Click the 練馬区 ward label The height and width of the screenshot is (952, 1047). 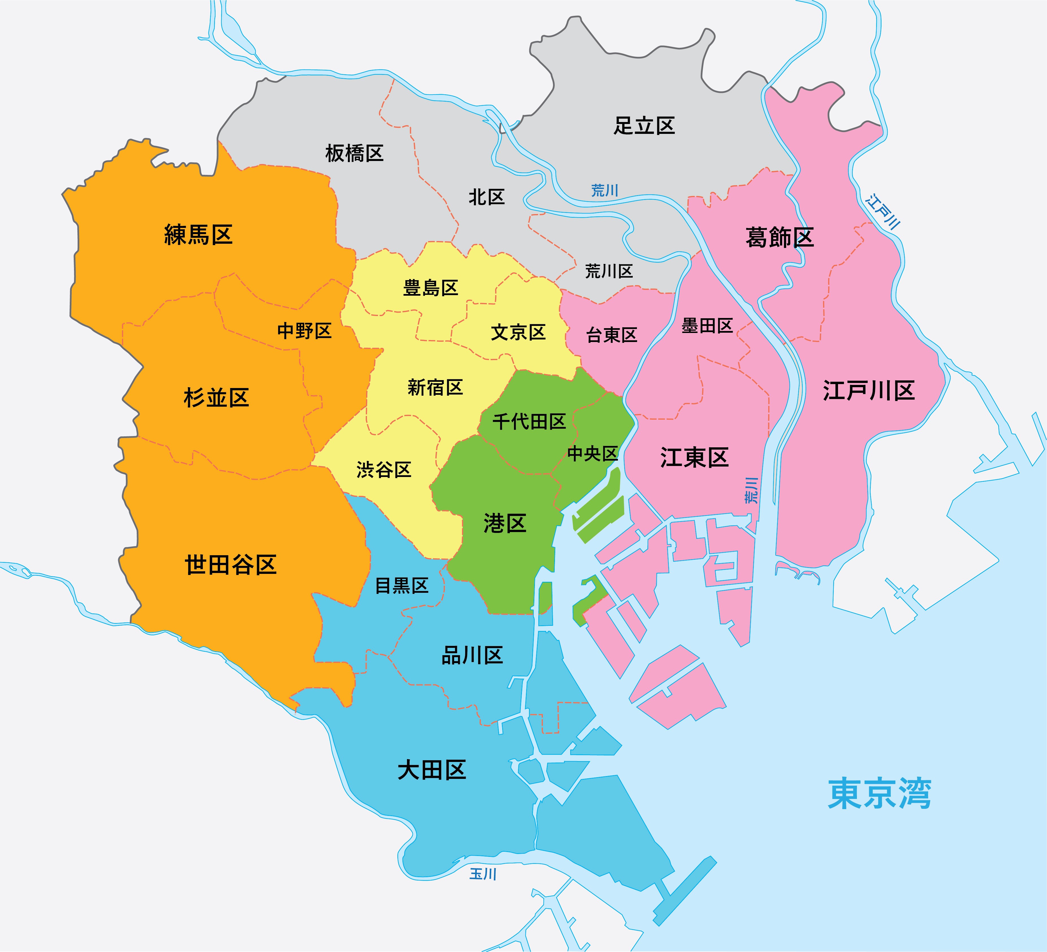click(x=198, y=235)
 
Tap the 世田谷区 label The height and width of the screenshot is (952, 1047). click(x=230, y=565)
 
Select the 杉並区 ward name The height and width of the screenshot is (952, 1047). click(x=216, y=398)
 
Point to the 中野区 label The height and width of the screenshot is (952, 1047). click(x=304, y=331)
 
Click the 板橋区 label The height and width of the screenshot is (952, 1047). click(x=354, y=154)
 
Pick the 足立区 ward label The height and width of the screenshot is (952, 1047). click(x=644, y=126)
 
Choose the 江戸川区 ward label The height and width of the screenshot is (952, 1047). click(x=868, y=391)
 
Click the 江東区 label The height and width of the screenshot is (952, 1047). click(x=694, y=458)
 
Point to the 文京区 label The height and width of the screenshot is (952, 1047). click(x=518, y=332)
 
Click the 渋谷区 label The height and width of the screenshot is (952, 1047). click(x=384, y=470)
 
